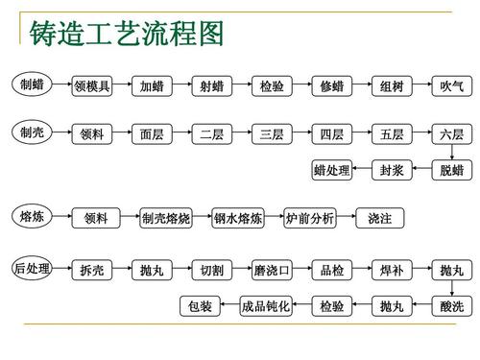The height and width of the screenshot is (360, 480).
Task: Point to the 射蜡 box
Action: tap(211, 86)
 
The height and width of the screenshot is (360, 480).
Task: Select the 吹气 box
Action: tap(451, 86)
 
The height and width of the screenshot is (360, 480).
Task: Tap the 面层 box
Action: tap(151, 135)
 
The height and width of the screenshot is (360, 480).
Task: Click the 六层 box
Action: tap(451, 135)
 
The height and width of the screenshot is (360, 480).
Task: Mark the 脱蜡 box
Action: tap(451, 170)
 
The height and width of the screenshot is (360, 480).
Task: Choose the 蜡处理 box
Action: tap(331, 170)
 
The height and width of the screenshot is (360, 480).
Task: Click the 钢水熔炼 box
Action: tap(237, 219)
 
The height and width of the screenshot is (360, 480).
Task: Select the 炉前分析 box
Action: tap(310, 219)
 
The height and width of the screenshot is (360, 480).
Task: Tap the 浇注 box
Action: tap(380, 219)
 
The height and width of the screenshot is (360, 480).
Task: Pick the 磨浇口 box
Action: tap(272, 272)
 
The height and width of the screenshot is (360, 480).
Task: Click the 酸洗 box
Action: tap(451, 307)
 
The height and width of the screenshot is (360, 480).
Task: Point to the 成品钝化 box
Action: tap(266, 307)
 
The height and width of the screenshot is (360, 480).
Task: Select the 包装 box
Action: tap(200, 307)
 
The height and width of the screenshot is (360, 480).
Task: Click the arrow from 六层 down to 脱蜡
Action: tap(451, 153)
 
